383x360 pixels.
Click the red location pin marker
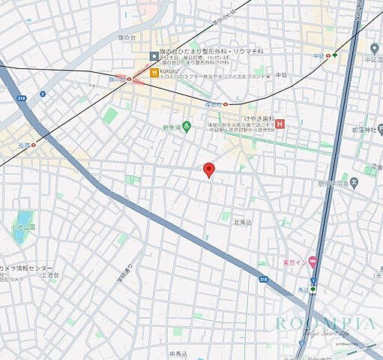(x=210, y=169)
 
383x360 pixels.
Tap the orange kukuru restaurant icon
(x=154, y=73)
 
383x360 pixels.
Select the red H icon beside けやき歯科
(x=280, y=124)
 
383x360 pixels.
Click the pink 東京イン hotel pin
(x=313, y=260)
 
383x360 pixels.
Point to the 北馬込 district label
(x=244, y=222)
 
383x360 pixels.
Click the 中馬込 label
(x=178, y=352)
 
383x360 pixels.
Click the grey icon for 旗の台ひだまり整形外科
(x=154, y=55)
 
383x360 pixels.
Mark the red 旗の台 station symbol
(x=130, y=78)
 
